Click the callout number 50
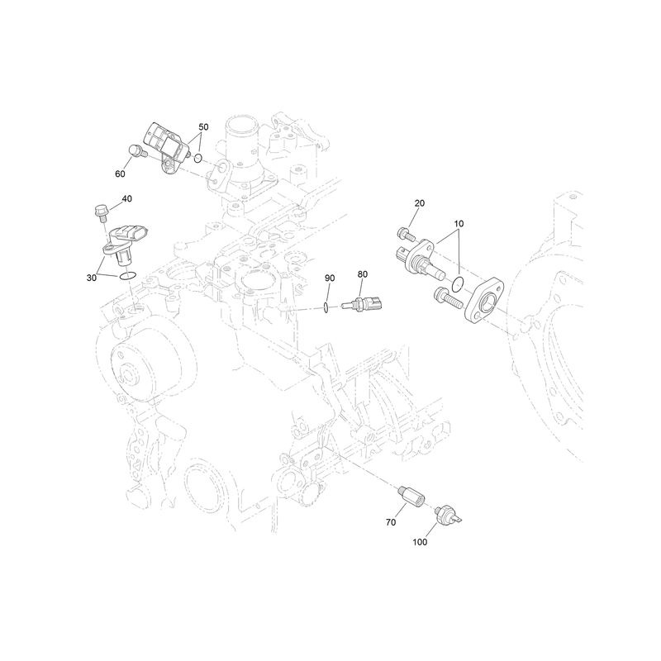pyautogui.click(x=203, y=127)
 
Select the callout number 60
pyautogui.click(x=120, y=174)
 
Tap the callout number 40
pyautogui.click(x=126, y=198)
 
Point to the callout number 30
pyautogui.click(x=92, y=278)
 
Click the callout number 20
pyautogui.click(x=420, y=203)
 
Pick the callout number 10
pyautogui.click(x=459, y=223)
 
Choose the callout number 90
pyautogui.click(x=330, y=278)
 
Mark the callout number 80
pyautogui.click(x=363, y=274)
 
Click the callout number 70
pyautogui.click(x=391, y=522)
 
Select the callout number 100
pyautogui.click(x=420, y=542)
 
